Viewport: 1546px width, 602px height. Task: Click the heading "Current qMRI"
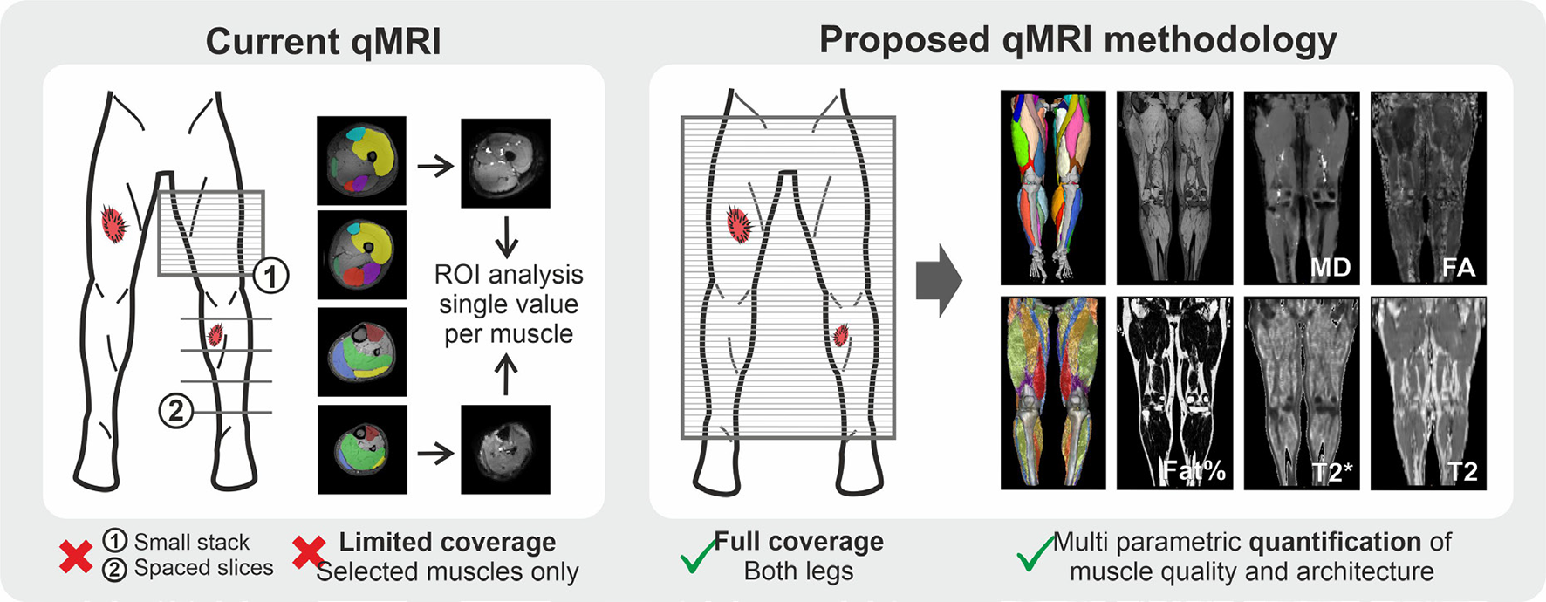[323, 42]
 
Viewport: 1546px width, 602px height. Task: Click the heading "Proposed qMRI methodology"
[1077, 40]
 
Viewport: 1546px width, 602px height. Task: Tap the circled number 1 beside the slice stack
[270, 277]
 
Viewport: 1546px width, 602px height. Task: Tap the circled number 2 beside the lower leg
[175, 410]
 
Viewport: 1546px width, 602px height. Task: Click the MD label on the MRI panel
[1330, 267]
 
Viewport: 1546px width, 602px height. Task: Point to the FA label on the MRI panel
[1458, 267]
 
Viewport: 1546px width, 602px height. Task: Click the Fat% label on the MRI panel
[1194, 471]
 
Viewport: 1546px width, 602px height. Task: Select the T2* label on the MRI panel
[1332, 472]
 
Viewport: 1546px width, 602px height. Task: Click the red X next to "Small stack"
[76, 557]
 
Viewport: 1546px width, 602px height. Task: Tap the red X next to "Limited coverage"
[309, 553]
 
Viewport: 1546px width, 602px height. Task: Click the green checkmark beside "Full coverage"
[698, 557]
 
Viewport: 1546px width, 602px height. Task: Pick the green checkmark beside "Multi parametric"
[1035, 553]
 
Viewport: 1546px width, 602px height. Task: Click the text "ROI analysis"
[509, 275]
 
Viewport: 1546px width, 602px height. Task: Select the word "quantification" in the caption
[1335, 542]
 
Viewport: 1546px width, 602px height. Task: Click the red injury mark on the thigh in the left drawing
[113, 224]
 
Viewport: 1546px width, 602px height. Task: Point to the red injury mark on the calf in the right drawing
[841, 335]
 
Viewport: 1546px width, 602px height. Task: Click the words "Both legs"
[798, 571]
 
